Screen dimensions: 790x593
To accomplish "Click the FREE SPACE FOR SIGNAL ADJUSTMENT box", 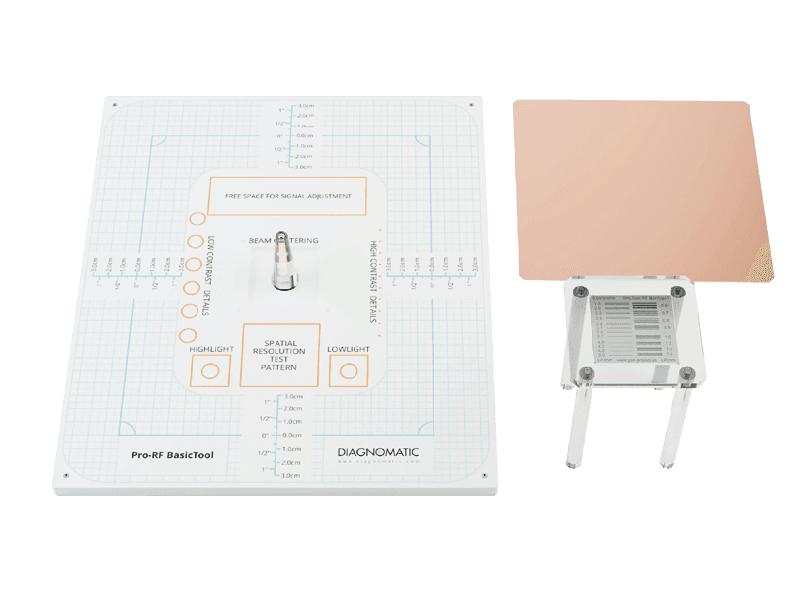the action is click(x=287, y=196).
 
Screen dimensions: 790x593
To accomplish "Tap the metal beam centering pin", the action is click(x=282, y=262).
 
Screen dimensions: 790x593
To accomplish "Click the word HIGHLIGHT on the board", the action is click(x=210, y=350).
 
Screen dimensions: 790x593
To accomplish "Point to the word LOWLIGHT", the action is click(x=349, y=350).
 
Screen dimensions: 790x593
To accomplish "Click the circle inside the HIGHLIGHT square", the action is click(x=209, y=373).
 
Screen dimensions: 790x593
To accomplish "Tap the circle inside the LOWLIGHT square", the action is click(x=349, y=373).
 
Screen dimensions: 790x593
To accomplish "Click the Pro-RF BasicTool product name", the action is click(x=173, y=456).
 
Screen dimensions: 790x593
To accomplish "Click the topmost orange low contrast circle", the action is click(x=197, y=219).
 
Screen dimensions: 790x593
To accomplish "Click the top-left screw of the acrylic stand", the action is click(x=582, y=293).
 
